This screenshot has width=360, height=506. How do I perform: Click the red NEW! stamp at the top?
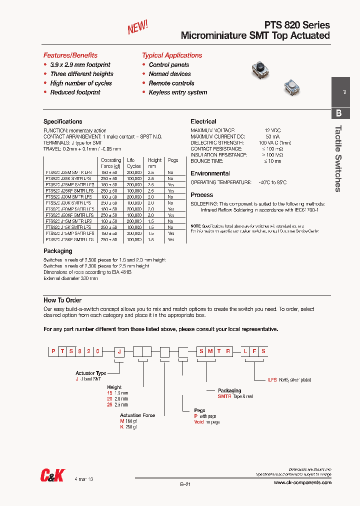pyautogui.click(x=137, y=27)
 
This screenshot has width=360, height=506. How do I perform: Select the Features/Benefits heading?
pyautogui.click(x=70, y=55)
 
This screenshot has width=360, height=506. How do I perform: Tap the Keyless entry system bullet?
pyautogui.click(x=177, y=92)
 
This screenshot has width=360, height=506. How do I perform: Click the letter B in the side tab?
pyautogui.click(x=338, y=113)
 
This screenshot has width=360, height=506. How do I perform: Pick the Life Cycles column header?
pyautogui.click(x=133, y=163)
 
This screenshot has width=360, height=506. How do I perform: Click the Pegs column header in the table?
pyautogui.click(x=172, y=160)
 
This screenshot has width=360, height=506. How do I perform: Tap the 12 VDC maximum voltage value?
pyautogui.click(x=272, y=130)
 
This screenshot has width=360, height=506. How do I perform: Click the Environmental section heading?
pyautogui.click(x=210, y=173)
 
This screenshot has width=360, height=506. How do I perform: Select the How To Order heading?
pyautogui.click(x=62, y=300)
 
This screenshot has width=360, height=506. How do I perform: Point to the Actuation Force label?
pyautogui.click(x=137, y=415)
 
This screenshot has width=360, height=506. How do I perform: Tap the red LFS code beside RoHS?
pyautogui.click(x=272, y=380)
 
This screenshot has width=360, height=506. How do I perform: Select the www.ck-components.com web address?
pyautogui.click(x=302, y=482)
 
